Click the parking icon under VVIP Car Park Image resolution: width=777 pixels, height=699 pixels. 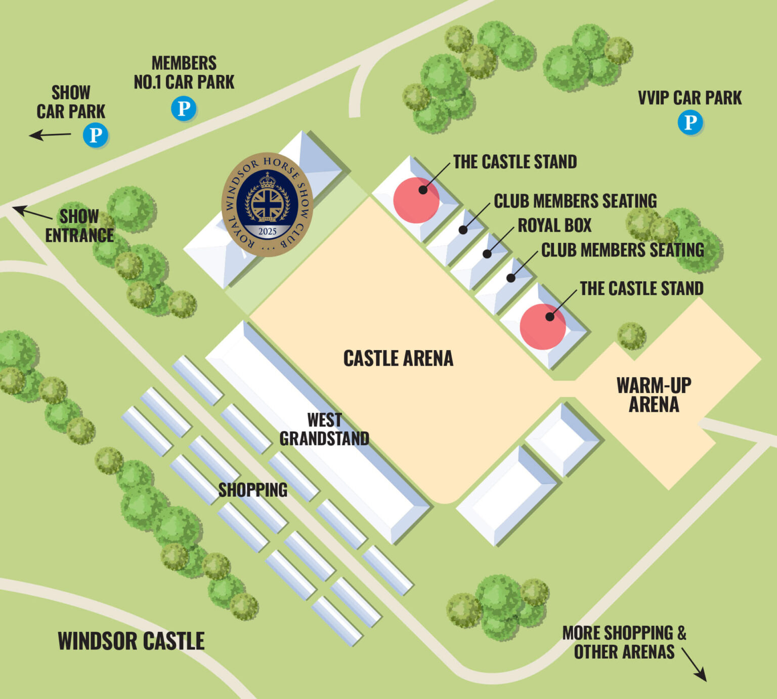pyautogui.click(x=690, y=122)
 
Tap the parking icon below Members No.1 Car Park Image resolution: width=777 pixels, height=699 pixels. pyautogui.click(x=183, y=109)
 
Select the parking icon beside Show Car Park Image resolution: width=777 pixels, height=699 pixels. pyautogui.click(x=96, y=135)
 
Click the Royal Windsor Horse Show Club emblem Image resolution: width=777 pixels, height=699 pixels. pyautogui.click(x=267, y=204)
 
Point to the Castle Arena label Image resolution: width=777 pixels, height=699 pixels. pyautogui.click(x=398, y=359)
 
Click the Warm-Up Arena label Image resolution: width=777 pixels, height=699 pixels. pyautogui.click(x=654, y=395)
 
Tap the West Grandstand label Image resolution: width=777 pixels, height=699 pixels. pyautogui.click(x=324, y=429)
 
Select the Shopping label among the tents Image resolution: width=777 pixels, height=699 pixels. pyautogui.click(x=252, y=490)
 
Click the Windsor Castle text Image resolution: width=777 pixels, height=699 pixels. pyautogui.click(x=131, y=641)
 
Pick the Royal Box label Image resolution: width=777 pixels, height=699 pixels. pyautogui.click(x=554, y=226)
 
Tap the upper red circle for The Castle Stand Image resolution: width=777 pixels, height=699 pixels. pyautogui.click(x=416, y=200)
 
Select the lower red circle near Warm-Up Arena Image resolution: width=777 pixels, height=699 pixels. pyautogui.click(x=542, y=327)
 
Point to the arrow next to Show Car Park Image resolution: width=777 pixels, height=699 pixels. pyautogui.click(x=50, y=135)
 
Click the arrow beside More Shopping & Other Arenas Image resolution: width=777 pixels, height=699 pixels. pyautogui.click(x=694, y=665)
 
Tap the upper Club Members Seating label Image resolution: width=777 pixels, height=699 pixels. pyautogui.click(x=575, y=201)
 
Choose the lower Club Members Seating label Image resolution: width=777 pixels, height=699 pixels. pyautogui.click(x=622, y=250)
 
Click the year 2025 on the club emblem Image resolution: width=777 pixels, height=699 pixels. pyautogui.click(x=267, y=232)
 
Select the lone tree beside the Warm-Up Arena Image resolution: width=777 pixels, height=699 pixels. pyautogui.click(x=631, y=336)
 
